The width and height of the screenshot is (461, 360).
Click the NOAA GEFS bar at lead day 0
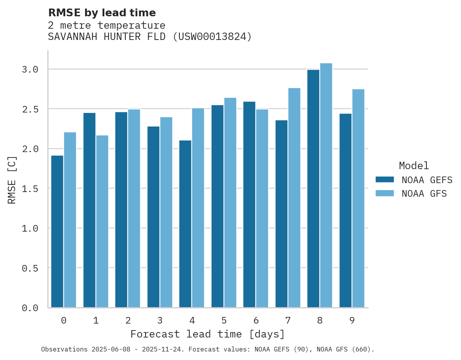click(x=57, y=232)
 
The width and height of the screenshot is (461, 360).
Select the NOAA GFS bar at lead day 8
click(x=326, y=185)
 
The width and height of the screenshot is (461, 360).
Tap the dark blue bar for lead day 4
click(x=185, y=224)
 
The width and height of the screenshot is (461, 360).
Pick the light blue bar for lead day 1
click(x=102, y=222)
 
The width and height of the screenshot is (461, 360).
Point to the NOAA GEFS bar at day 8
click(x=313, y=189)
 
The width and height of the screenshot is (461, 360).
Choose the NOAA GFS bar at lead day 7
click(x=294, y=198)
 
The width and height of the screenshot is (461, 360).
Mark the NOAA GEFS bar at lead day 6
click(x=249, y=204)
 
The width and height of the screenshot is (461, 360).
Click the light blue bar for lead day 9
click(x=358, y=198)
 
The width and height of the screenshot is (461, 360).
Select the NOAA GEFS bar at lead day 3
click(x=153, y=217)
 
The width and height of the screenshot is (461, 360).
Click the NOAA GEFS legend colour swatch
click(x=385, y=180)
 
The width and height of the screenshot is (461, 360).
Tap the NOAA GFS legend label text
click(x=424, y=194)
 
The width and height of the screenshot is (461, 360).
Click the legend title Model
click(x=414, y=166)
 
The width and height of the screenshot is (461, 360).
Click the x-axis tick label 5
click(x=224, y=320)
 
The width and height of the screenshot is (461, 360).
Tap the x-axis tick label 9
click(x=352, y=320)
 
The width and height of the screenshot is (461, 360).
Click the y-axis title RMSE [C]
click(x=12, y=180)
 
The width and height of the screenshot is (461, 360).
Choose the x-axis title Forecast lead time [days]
click(x=208, y=334)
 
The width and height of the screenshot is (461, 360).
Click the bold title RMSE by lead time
click(x=102, y=13)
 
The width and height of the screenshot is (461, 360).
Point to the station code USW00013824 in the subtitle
click(x=212, y=37)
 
